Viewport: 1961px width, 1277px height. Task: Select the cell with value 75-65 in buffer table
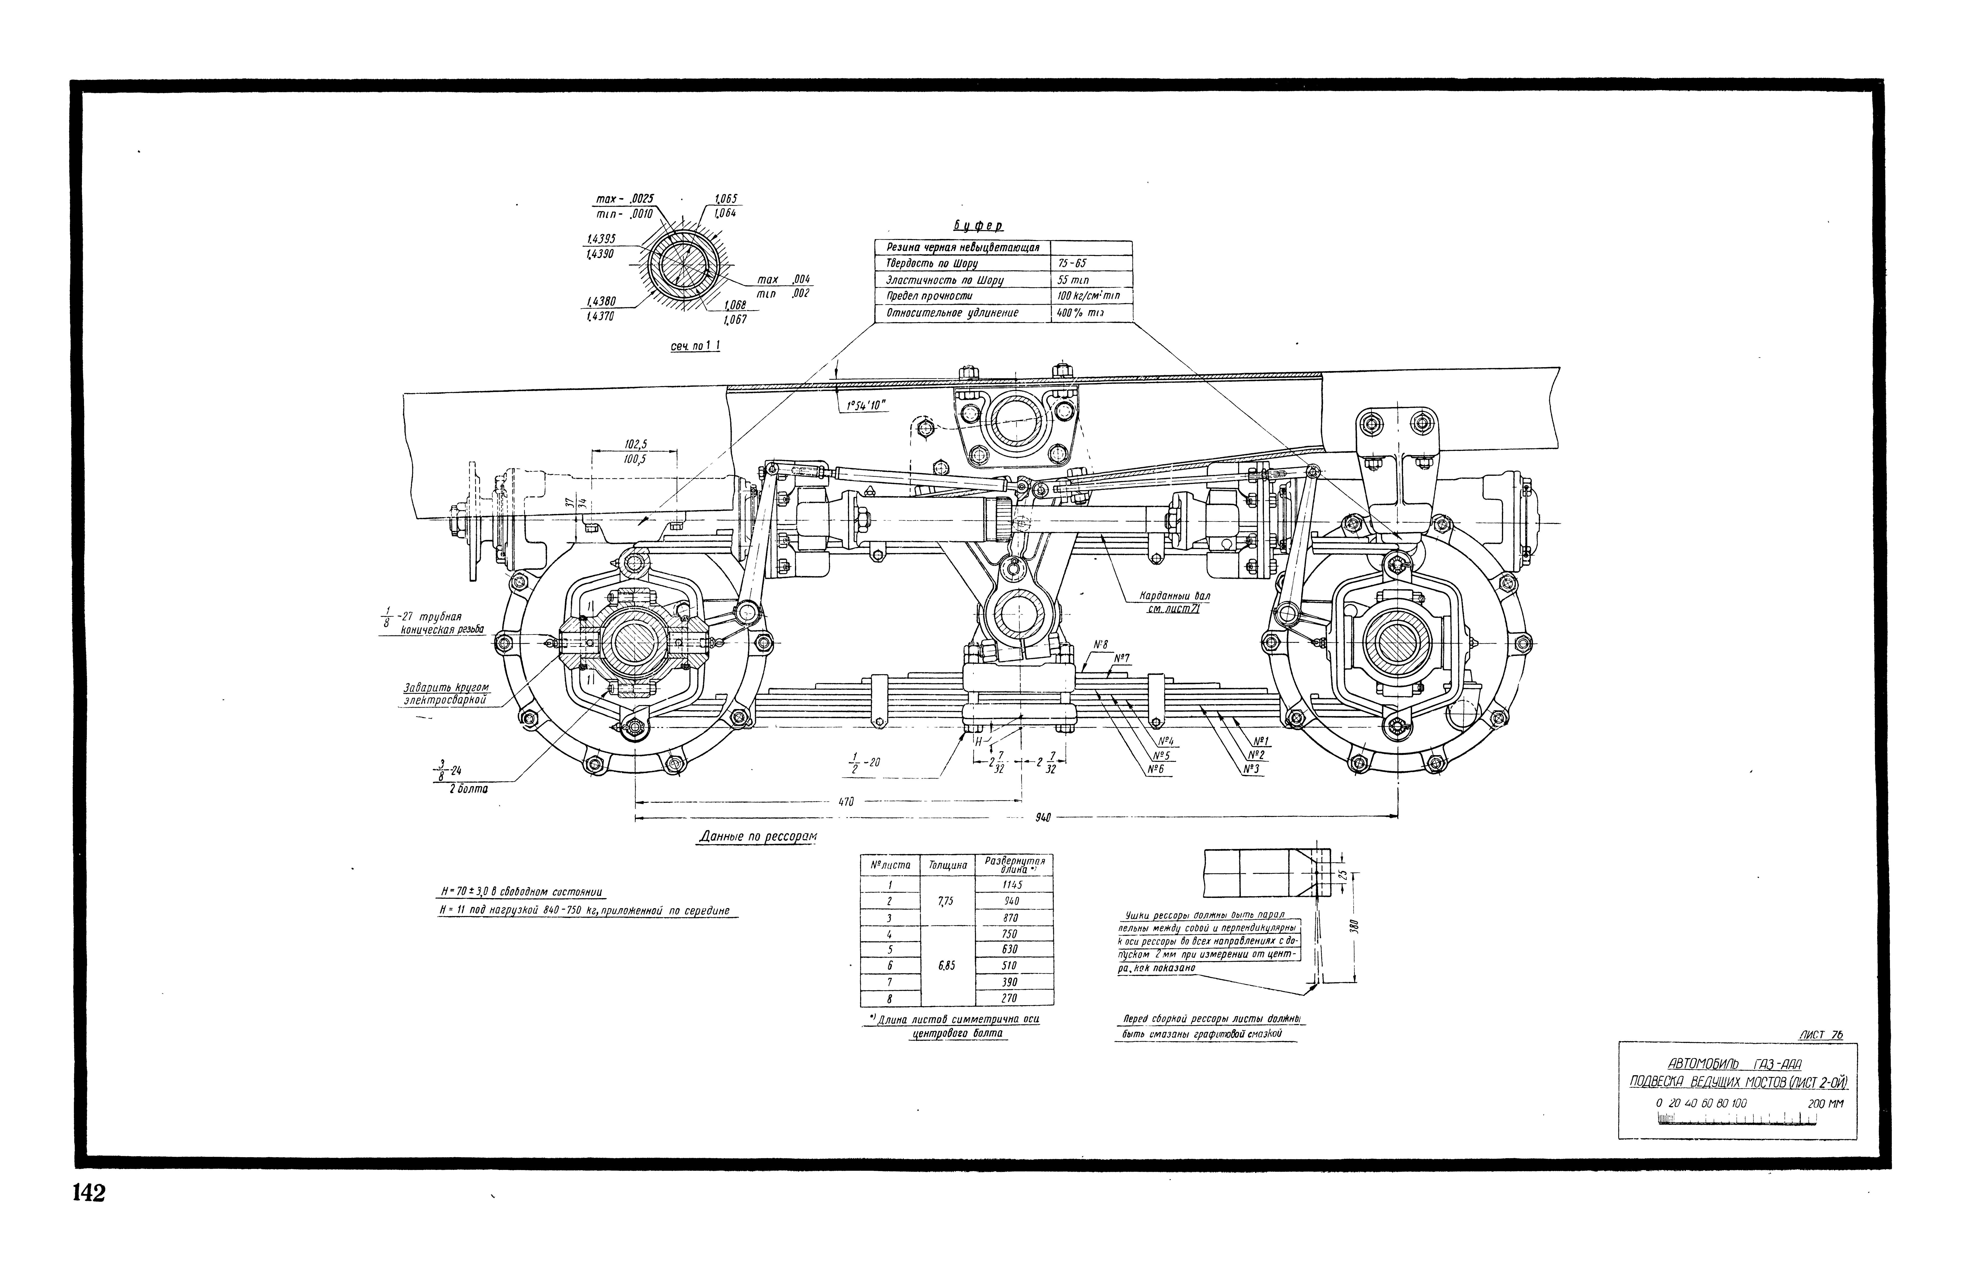pyautogui.click(x=1072, y=264)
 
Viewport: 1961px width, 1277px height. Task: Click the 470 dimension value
pyautogui.click(x=846, y=801)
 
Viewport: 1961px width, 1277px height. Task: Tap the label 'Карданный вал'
pyautogui.click(x=1174, y=595)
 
